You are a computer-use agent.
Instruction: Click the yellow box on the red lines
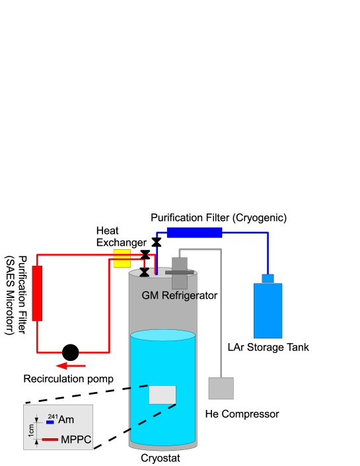(x=122, y=258)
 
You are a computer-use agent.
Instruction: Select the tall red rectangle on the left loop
(x=37, y=293)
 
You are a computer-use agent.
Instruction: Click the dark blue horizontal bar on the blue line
(x=194, y=232)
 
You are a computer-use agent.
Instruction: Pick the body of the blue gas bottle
(x=268, y=311)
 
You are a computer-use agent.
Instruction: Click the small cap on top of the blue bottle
(x=268, y=278)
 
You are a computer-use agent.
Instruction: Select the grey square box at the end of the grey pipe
(x=221, y=388)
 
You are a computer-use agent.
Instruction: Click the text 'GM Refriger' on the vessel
(x=170, y=295)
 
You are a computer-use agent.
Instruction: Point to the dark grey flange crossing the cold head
(x=179, y=272)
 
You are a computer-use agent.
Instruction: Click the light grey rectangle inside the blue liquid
(x=162, y=395)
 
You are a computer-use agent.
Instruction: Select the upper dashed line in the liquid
(x=139, y=387)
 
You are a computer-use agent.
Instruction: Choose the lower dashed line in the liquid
(x=153, y=417)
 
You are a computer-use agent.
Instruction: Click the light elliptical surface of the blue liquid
(x=162, y=336)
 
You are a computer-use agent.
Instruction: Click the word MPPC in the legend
(x=75, y=440)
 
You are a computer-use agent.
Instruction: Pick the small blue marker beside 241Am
(x=50, y=422)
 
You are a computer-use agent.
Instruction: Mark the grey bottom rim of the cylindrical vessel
(x=162, y=447)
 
